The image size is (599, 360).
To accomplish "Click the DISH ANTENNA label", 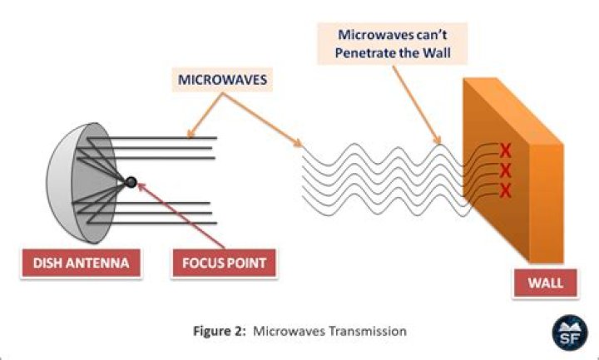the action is point(81,263).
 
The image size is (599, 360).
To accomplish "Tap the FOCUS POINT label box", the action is point(224,263).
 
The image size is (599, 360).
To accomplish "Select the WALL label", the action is point(545,283).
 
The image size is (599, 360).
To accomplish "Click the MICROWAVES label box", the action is point(222,80).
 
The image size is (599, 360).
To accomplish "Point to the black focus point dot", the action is point(131,182).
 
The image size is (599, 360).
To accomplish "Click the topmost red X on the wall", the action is point(505,150).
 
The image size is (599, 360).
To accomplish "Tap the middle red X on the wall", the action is point(505,170).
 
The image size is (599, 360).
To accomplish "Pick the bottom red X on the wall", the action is point(505,190).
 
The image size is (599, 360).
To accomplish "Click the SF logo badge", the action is point(570,333).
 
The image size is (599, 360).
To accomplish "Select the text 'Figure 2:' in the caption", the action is point(220,331).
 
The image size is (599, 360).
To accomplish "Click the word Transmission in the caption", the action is point(368,331).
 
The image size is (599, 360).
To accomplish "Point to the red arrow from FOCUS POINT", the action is point(181,216).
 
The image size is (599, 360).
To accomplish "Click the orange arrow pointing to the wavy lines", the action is point(263,120).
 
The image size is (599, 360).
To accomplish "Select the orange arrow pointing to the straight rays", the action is point(205,115).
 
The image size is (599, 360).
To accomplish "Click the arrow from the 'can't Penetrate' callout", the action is point(417,105).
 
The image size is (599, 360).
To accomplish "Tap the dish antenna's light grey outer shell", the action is point(58,183).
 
